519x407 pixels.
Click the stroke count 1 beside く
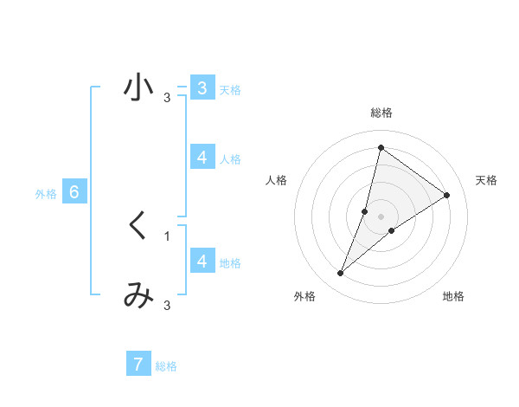pyautogui.click(x=167, y=236)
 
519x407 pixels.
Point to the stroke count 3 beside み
pyautogui.click(x=167, y=305)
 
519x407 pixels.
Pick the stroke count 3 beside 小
pyautogui.click(x=167, y=97)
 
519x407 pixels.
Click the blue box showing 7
pyautogui.click(x=138, y=365)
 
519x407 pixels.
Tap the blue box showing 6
pyautogui.click(x=74, y=192)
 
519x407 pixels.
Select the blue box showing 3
pyautogui.click(x=202, y=88)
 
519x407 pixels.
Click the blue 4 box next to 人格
pyautogui.click(x=202, y=158)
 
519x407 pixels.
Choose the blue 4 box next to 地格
pyautogui.click(x=202, y=261)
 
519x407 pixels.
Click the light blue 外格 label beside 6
pyautogui.click(x=46, y=194)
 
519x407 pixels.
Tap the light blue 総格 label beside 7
pyautogui.click(x=166, y=366)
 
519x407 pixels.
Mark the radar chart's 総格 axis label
pyautogui.click(x=381, y=113)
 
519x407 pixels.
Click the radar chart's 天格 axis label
pyautogui.click(x=486, y=180)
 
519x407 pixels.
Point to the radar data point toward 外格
pyautogui.click(x=341, y=274)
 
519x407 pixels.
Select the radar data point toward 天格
pyautogui.click(x=447, y=196)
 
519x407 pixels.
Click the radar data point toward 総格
pyautogui.click(x=381, y=147)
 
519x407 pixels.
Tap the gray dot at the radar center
pyautogui.click(x=381, y=216)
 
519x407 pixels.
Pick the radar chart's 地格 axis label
pyautogui.click(x=453, y=296)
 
